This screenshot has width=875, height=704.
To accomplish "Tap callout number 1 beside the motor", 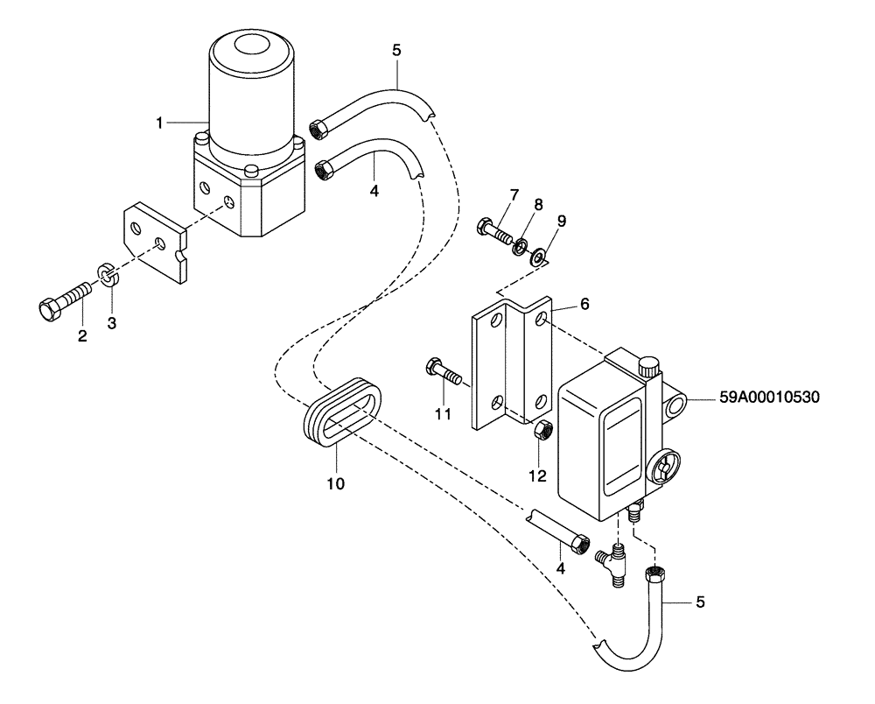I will (x=160, y=123).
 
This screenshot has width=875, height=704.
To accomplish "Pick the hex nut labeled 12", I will (x=540, y=431).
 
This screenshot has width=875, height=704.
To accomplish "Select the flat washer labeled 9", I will (x=535, y=252).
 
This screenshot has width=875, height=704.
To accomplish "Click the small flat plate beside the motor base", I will (x=156, y=242).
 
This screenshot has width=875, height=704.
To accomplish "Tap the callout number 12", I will (x=537, y=475).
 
